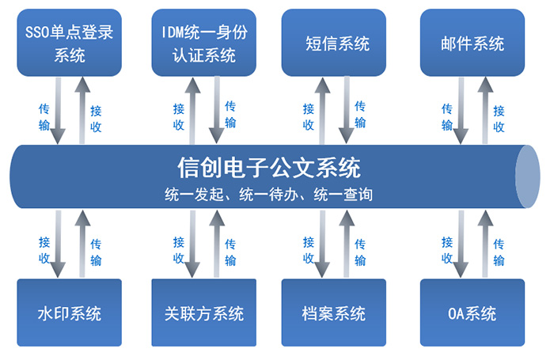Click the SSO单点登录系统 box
click(70, 43)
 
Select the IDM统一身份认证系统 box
click(204, 43)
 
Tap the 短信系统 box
click(333, 43)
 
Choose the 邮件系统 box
click(472, 43)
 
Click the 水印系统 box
click(70, 313)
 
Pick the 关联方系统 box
click(204, 313)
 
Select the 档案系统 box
click(333, 313)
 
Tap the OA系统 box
click(472, 313)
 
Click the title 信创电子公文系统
click(269, 168)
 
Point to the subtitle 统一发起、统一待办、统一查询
click(268, 195)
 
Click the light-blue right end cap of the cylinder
click(528, 176)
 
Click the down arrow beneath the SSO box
click(58, 111)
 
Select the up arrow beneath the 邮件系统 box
click(485, 111)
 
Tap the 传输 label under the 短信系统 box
click(360, 114)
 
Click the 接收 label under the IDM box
click(179, 117)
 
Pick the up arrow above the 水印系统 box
click(82, 244)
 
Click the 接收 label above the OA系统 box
click(447, 250)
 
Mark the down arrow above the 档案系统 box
click(322, 244)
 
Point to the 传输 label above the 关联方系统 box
click(230, 252)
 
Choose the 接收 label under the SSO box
click(96, 119)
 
